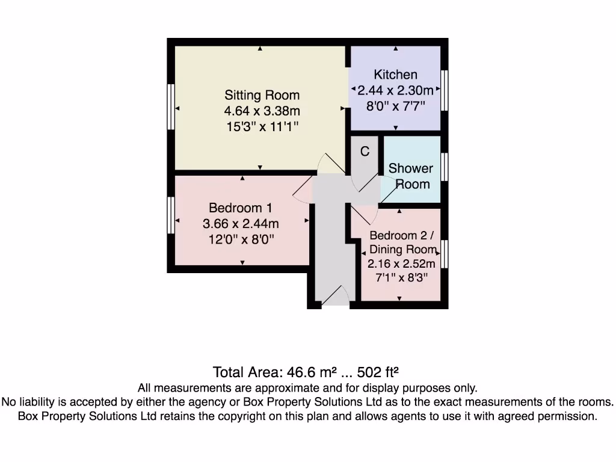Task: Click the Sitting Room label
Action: point(262,95)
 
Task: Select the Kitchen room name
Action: point(395,75)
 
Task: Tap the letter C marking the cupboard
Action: point(365,152)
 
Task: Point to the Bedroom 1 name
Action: point(241,208)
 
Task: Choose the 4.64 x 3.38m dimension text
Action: point(262,111)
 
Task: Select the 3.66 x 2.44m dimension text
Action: point(241,224)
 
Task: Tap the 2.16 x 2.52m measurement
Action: point(401,263)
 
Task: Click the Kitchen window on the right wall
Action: point(445,90)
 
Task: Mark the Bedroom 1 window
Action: point(171,215)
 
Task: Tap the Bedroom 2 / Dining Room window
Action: point(445,253)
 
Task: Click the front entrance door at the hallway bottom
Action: point(335,298)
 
